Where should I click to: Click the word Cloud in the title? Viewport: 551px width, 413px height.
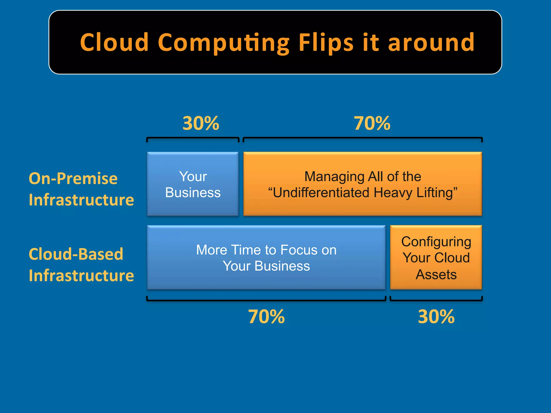click(114, 42)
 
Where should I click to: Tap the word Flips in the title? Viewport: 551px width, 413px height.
click(326, 42)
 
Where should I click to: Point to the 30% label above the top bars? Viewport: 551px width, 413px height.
click(201, 123)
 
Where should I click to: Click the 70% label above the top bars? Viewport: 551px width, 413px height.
click(372, 123)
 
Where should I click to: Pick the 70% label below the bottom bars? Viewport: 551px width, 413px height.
click(266, 316)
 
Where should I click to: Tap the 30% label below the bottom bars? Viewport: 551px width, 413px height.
click(436, 316)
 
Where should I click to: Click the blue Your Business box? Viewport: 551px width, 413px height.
click(193, 184)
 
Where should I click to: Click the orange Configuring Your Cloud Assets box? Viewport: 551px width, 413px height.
click(436, 258)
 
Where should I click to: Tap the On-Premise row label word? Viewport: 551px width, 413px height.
click(73, 179)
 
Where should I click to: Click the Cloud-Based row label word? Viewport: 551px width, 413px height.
click(76, 254)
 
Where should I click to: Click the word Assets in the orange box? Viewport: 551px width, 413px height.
click(436, 275)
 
